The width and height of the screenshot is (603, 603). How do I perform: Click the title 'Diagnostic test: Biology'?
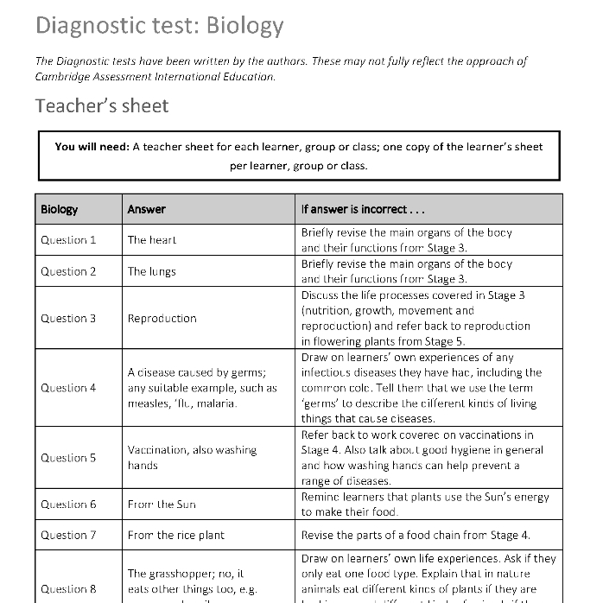point(159,26)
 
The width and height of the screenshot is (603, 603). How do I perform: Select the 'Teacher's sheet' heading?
point(102,105)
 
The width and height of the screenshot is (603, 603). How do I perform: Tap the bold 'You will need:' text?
point(92,147)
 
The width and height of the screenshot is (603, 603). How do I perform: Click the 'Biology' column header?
point(59,209)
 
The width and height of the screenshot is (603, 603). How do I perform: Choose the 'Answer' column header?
point(146,209)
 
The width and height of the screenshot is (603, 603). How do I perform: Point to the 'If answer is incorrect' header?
point(362,209)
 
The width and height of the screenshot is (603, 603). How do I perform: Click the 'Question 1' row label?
point(68,240)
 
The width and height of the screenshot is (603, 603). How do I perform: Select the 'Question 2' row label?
point(68,271)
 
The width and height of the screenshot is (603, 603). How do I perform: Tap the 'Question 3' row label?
point(68,318)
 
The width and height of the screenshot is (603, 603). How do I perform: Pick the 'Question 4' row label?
point(68,388)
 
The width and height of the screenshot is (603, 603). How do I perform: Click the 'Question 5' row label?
point(68,458)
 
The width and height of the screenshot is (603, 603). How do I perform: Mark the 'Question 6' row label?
point(68,505)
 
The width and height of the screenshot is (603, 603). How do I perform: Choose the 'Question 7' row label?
point(68,536)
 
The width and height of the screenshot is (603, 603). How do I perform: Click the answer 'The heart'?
point(152,240)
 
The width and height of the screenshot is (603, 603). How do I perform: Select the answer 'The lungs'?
point(152,271)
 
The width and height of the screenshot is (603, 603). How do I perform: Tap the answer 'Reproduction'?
point(162,318)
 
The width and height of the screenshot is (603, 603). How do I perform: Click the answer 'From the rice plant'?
point(176,536)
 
